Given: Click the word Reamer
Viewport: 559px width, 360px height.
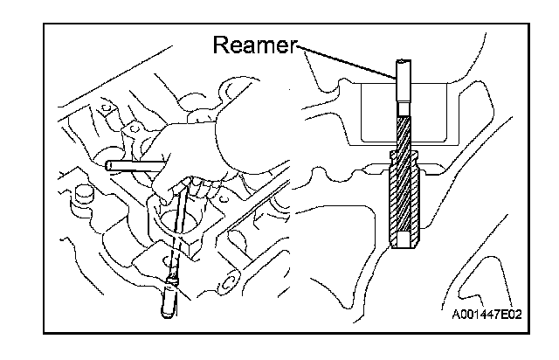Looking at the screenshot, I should (255, 45).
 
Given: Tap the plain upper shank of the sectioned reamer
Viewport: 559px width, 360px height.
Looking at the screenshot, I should (404, 83).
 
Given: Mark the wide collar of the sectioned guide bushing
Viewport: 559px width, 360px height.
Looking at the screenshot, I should (404, 163).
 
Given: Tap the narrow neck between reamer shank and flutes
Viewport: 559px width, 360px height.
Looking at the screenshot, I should (404, 113).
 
